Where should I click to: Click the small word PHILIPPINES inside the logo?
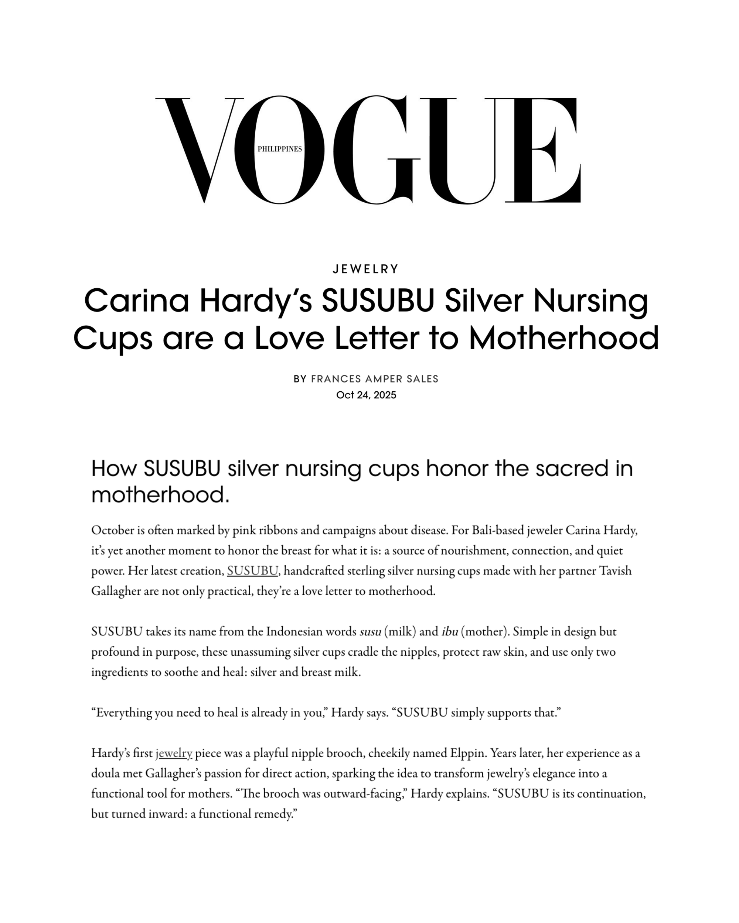(x=279, y=149)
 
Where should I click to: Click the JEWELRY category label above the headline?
(x=366, y=269)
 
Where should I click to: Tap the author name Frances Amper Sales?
(x=374, y=379)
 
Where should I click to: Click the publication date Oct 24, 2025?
(x=366, y=395)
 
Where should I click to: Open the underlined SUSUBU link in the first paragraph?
(x=253, y=571)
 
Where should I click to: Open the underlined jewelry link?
(x=174, y=753)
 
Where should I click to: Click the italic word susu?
(x=370, y=632)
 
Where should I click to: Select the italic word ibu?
(x=450, y=632)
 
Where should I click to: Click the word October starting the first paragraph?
(x=112, y=531)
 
